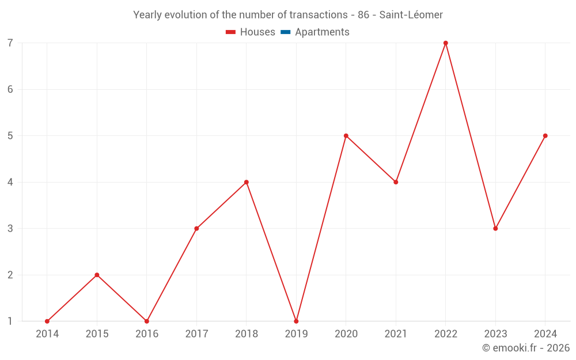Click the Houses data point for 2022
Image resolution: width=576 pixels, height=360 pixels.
click(446, 43)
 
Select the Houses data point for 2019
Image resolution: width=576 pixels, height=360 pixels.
click(296, 321)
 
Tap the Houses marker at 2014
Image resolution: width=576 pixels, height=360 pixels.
click(47, 321)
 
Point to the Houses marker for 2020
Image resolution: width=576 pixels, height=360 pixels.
click(346, 136)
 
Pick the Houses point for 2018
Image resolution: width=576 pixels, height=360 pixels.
click(247, 182)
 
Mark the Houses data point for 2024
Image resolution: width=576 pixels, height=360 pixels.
click(545, 136)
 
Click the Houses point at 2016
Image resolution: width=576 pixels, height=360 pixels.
click(147, 321)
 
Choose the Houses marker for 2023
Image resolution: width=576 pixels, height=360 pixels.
click(495, 229)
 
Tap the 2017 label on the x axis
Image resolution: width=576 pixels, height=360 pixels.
click(196, 334)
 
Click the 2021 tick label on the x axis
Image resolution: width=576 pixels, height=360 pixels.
click(396, 334)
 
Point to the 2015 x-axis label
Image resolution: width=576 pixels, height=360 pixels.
click(97, 334)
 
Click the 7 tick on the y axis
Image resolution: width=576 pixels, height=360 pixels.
click(10, 43)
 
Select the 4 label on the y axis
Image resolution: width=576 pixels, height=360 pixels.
click(10, 182)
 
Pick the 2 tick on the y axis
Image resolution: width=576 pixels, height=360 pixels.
click(10, 275)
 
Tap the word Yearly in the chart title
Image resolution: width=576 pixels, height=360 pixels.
click(147, 15)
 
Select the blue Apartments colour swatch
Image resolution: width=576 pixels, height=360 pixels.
click(285, 32)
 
